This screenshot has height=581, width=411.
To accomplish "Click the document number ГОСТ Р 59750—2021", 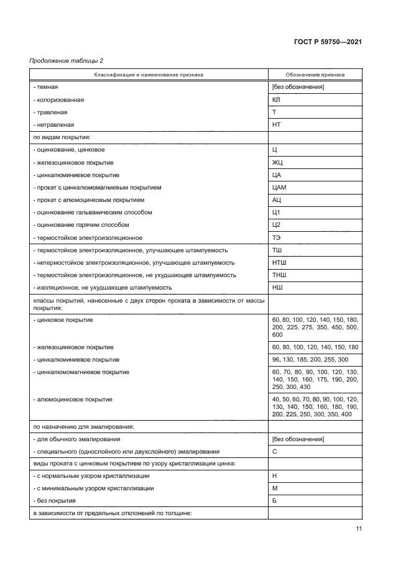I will (x=328, y=42).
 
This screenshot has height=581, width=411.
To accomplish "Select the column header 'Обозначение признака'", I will (x=315, y=75).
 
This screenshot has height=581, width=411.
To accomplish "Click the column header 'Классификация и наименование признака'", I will (x=149, y=75).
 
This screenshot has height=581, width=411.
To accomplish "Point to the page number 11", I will (x=359, y=528).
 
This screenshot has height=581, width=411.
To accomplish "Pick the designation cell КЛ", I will (x=277, y=99).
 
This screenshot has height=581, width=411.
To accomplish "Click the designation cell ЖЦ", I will (x=277, y=162).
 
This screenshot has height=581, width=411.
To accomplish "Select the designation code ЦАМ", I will (x=279, y=187).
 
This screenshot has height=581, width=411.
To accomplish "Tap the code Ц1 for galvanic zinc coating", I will (x=277, y=213).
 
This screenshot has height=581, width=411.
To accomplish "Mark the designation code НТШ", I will (x=279, y=263).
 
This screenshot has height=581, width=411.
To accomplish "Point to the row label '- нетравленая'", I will (x=55, y=124).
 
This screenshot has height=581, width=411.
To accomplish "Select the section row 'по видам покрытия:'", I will (x=62, y=137).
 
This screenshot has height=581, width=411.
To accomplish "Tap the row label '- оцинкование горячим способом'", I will (x=81, y=225).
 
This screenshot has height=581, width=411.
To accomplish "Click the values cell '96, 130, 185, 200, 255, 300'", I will (x=310, y=359).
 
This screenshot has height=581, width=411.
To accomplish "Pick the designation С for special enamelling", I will (x=275, y=451).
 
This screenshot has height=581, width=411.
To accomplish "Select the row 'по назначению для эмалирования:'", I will (x=82, y=426).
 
